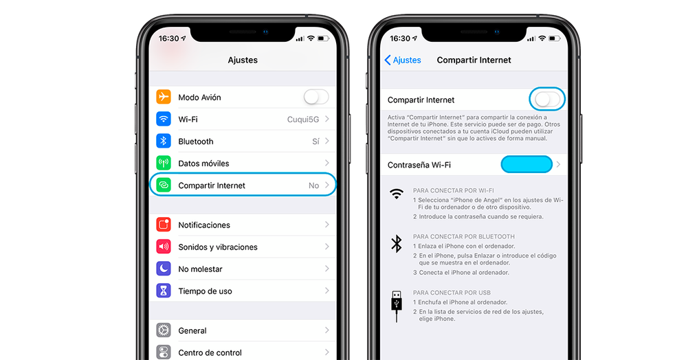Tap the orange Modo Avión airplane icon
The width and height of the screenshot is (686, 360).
164,97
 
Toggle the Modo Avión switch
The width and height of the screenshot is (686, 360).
316,97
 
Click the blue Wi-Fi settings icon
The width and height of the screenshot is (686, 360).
164,119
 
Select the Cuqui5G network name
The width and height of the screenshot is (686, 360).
302,120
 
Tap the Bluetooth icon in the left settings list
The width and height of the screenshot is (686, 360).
164,141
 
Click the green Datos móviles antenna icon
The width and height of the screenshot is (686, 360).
164,163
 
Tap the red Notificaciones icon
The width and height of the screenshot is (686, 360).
164,225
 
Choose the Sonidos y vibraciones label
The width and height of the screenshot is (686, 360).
218,247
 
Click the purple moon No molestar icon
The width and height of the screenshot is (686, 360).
164,269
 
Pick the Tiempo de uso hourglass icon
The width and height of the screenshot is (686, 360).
164,291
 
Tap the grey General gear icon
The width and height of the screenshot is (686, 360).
164,330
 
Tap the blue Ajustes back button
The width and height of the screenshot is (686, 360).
403,60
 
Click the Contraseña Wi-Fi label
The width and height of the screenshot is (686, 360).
419,166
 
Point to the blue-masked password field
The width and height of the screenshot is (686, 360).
527,165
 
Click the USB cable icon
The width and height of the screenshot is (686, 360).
397,304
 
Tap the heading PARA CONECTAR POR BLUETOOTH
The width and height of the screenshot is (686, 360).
464,236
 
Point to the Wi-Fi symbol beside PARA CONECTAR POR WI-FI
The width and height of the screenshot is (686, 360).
397,194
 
